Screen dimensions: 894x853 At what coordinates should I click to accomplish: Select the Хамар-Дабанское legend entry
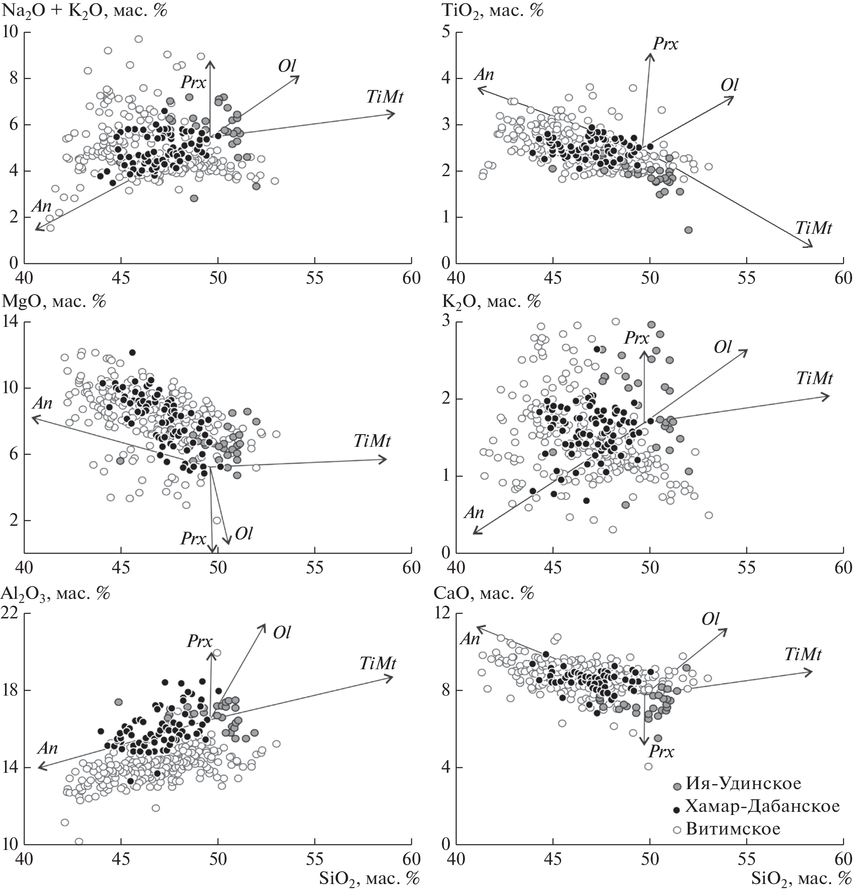(x=762, y=806)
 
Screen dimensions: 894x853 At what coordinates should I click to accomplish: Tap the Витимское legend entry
(x=733, y=829)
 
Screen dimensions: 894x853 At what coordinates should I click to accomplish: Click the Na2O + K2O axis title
(x=84, y=10)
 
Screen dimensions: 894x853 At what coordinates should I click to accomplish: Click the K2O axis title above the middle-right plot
(x=492, y=301)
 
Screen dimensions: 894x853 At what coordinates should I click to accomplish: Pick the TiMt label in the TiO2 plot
(x=814, y=228)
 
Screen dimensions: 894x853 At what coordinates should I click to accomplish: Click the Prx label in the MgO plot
(x=193, y=539)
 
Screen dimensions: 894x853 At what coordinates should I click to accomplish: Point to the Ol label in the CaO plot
(x=710, y=619)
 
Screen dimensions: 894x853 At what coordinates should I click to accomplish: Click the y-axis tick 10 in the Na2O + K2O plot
(x=10, y=32)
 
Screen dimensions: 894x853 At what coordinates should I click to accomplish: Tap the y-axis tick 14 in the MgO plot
(x=10, y=322)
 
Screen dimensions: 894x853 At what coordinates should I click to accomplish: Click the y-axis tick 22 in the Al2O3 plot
(x=10, y=613)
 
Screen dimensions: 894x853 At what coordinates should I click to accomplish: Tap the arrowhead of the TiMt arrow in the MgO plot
(x=385, y=459)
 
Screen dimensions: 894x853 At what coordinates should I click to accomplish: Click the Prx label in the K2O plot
(x=636, y=337)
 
